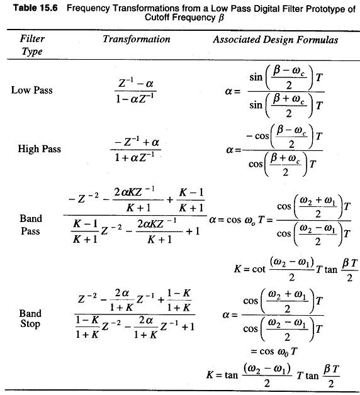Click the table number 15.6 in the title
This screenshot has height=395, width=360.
[48, 8]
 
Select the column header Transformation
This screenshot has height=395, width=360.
[137, 39]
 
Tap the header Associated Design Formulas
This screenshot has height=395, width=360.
[275, 40]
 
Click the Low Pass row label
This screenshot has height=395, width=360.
[31, 90]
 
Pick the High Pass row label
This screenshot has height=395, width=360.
[39, 148]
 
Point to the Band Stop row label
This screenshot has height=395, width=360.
[30, 319]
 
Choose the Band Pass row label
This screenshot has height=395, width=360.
[30, 225]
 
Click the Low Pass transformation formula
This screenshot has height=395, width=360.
[135, 91]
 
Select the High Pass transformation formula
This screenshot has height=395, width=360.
[135, 150]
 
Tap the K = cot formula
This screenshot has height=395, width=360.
[296, 269]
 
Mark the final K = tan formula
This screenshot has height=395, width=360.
[273, 376]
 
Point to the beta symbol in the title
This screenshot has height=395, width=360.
[221, 18]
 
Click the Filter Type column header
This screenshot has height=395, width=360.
[32, 45]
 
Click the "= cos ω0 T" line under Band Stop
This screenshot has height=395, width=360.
[274, 352]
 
